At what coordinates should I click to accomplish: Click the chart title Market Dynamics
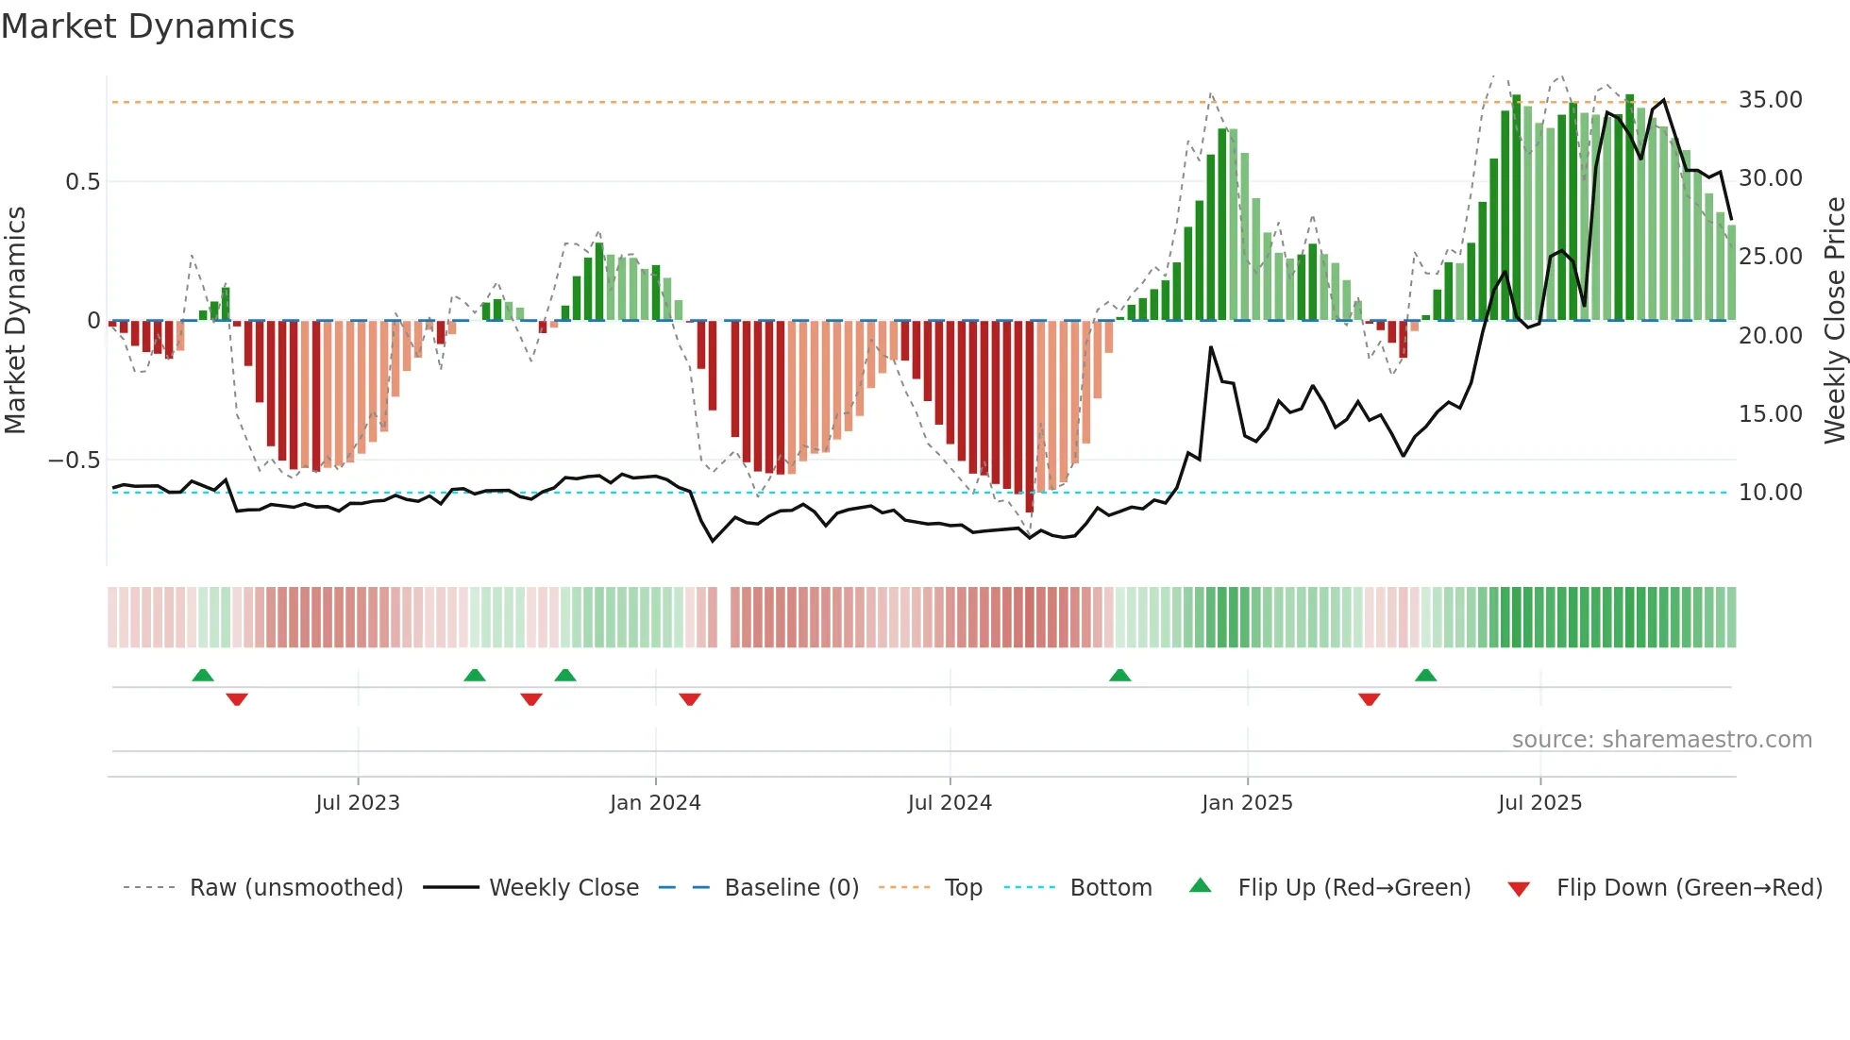tap(147, 26)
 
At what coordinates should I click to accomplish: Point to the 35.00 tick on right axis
tap(1770, 100)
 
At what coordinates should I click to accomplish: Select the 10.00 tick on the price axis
tap(1770, 493)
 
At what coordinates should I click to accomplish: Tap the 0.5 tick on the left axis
tap(82, 182)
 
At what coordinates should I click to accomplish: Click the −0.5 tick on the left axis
tap(74, 461)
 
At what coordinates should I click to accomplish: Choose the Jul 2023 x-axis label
tap(358, 803)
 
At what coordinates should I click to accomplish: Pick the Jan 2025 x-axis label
tap(1247, 803)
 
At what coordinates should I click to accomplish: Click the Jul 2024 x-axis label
tap(950, 803)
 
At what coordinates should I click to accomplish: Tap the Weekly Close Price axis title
tap(1834, 321)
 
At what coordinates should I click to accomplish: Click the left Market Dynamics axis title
tap(15, 321)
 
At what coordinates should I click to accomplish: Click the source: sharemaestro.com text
tap(1661, 740)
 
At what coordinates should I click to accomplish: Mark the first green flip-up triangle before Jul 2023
tap(203, 675)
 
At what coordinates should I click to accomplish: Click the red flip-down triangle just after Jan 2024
tap(690, 699)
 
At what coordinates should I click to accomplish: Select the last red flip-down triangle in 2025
tap(1370, 699)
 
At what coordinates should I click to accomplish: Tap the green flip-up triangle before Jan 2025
tap(1119, 675)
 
